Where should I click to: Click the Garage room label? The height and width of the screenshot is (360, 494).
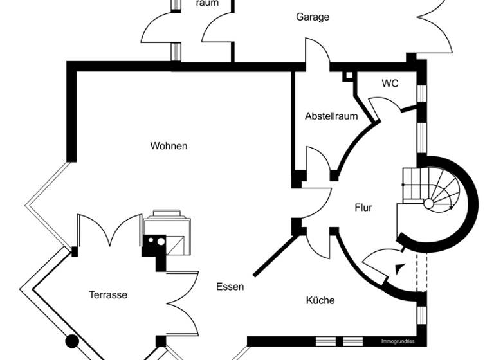coord(312,17)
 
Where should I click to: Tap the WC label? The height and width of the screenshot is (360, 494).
coord(390,84)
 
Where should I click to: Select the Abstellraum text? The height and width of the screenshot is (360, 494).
coord(331,116)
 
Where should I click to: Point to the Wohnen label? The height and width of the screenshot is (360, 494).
coord(169,146)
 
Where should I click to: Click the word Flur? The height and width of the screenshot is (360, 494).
coord(363,208)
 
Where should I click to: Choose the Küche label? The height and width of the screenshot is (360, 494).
coord(320,300)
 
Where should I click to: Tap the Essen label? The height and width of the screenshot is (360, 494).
coord(230,287)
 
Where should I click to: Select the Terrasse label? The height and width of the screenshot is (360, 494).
coord(107,295)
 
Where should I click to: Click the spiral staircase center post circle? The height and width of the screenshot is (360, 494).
coord(428,204)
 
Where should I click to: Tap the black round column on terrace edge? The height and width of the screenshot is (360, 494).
coord(73,341)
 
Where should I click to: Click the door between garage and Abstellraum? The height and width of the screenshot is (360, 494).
coord(316,55)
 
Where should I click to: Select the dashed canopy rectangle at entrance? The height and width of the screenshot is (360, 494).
coord(421,273)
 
